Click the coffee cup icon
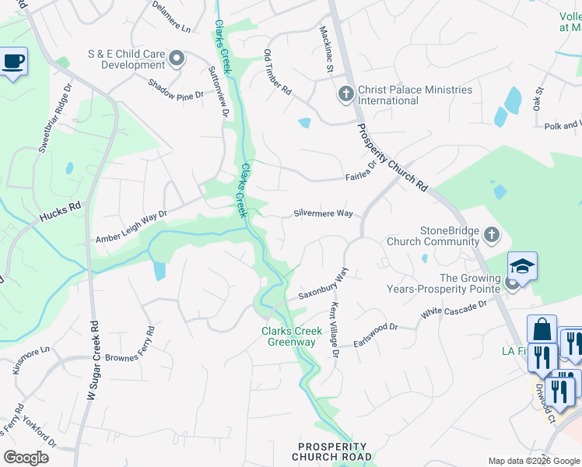[x=13, y=61]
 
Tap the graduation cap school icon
[x=522, y=266]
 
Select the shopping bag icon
[x=542, y=329]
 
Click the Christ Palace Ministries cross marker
[x=345, y=95]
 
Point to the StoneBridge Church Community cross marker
[x=491, y=234]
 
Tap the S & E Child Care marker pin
[x=177, y=58]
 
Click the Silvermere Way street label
[x=322, y=213]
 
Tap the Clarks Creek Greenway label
[x=292, y=336]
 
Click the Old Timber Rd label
[x=277, y=72]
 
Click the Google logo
[x=26, y=458]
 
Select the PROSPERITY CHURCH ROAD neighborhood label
[x=331, y=451]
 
